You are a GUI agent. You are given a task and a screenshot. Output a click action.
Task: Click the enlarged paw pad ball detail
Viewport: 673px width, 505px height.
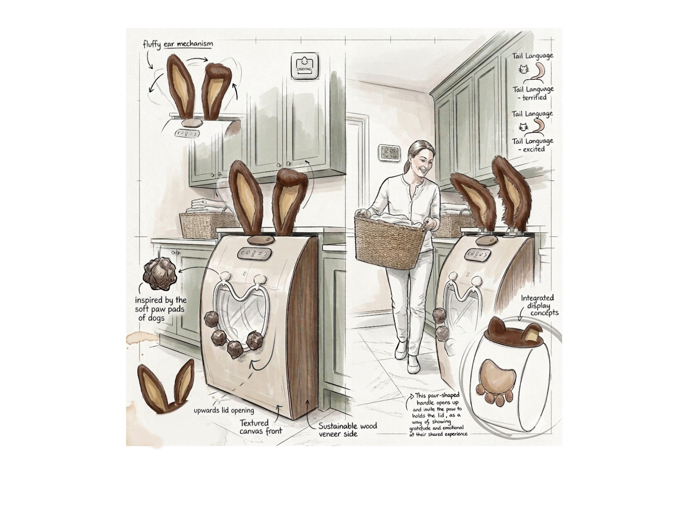click(159, 274)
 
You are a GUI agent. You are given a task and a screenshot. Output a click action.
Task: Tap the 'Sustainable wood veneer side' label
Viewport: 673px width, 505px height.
click(347, 430)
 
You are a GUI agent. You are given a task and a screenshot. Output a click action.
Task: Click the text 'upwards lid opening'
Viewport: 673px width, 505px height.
click(224, 410)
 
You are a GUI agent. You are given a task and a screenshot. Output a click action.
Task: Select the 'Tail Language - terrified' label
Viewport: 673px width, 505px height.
click(533, 93)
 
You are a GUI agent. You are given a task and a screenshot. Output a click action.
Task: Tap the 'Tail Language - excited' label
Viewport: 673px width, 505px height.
click(532, 145)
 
